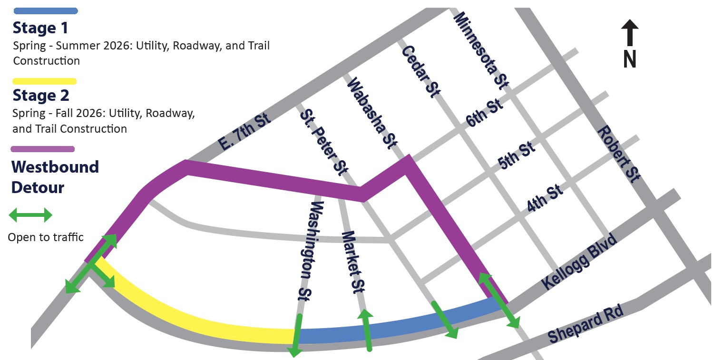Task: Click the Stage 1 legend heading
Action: coord(40,29)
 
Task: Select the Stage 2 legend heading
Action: coord(41,96)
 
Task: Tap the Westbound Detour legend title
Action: coord(55,177)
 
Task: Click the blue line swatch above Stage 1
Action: coord(46,11)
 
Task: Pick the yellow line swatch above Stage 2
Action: coord(45,81)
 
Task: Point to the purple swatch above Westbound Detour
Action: coord(43,149)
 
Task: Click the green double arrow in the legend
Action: coord(30,215)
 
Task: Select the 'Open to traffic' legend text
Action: coord(46,237)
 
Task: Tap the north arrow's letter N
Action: coord(630,59)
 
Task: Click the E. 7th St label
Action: coord(245,132)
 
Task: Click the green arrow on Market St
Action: coord(367,330)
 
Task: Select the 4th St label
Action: coord(545,199)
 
